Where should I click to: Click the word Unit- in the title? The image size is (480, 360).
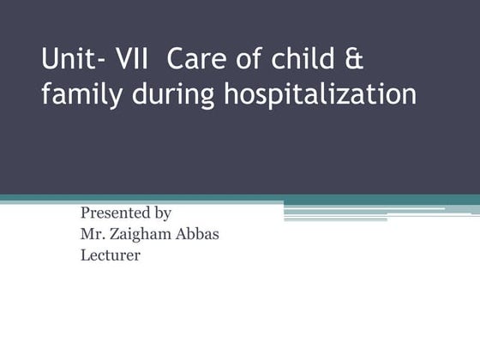click(71, 61)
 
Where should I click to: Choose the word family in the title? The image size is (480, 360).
click(81, 95)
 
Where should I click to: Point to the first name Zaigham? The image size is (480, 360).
click(141, 234)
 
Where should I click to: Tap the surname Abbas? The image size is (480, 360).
click(198, 233)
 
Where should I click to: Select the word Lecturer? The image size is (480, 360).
click(109, 254)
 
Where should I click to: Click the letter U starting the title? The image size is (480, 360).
click(50, 61)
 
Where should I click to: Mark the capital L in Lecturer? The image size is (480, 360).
click(84, 254)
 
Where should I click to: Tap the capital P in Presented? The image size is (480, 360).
click(84, 213)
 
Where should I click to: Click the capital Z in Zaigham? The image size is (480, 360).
click(112, 233)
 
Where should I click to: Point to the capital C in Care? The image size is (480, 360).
click(177, 61)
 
